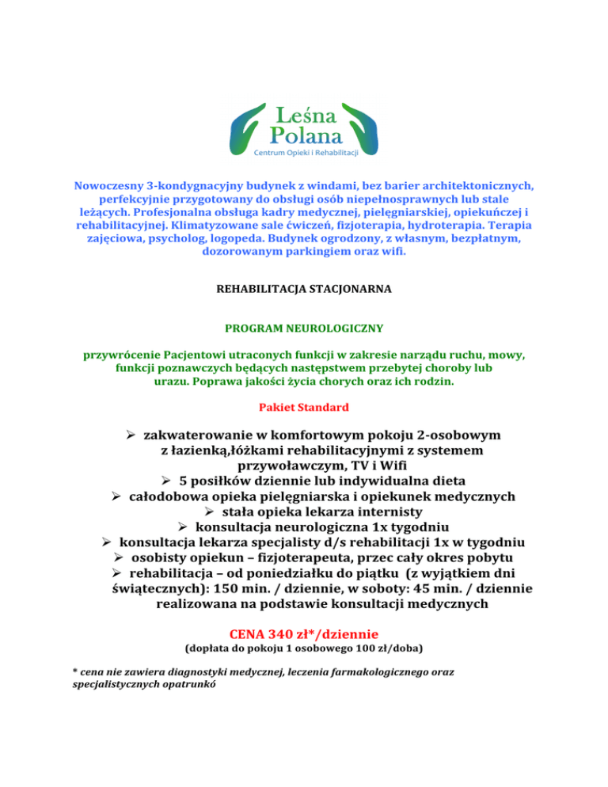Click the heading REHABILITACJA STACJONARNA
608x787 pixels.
pos(304,290)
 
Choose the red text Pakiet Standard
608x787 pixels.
pos(304,409)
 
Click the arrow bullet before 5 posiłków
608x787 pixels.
pos(165,481)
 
